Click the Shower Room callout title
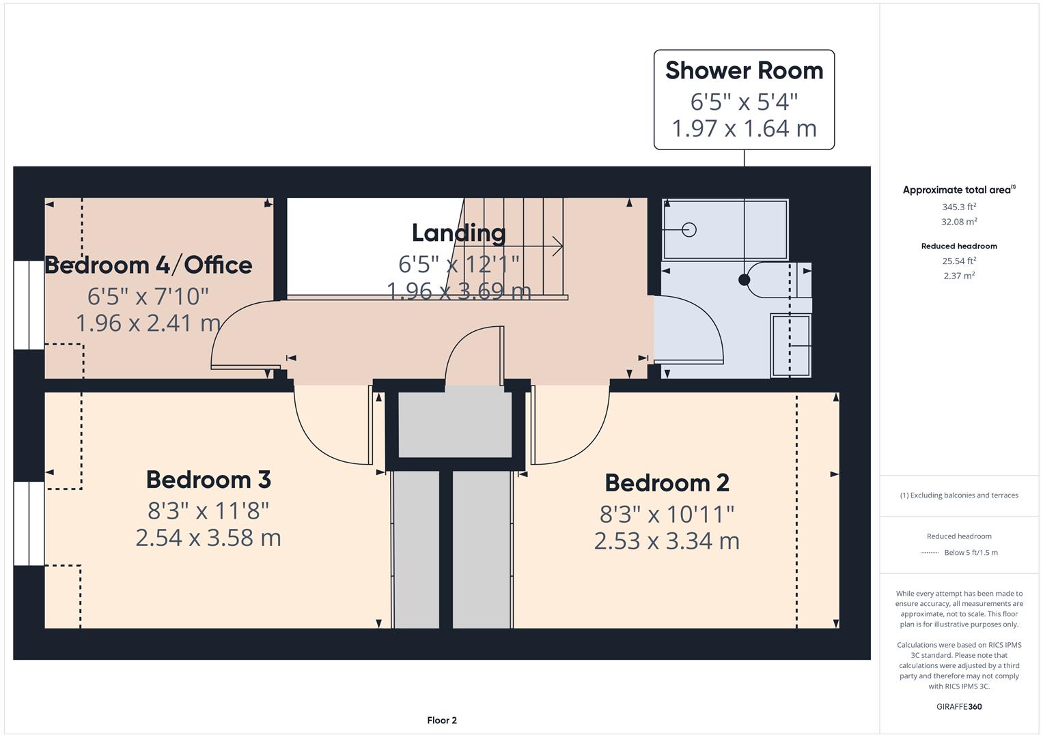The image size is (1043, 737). [x=744, y=71]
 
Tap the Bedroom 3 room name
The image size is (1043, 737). [x=208, y=480]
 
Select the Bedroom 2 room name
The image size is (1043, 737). [x=667, y=483]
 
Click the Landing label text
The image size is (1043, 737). [x=458, y=233]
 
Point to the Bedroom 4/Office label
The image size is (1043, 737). [x=148, y=265]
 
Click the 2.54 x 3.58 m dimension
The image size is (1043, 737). [x=208, y=538]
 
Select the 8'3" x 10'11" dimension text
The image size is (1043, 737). [x=667, y=513]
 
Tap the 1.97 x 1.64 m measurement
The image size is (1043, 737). [x=744, y=128]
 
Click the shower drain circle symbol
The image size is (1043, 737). [x=689, y=230]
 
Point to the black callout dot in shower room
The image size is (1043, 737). [x=745, y=280]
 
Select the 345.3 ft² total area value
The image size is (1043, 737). [x=959, y=207]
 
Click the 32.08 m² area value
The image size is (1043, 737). [x=959, y=222]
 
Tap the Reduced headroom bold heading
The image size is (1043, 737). [x=959, y=246]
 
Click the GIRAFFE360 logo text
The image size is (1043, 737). [x=959, y=706]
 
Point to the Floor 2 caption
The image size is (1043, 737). [x=442, y=720]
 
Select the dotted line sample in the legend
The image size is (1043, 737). [x=929, y=553]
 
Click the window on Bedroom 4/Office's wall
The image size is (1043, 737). [x=29, y=305]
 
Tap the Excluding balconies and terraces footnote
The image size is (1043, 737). [x=959, y=495]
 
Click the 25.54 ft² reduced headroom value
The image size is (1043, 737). [x=959, y=261]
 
